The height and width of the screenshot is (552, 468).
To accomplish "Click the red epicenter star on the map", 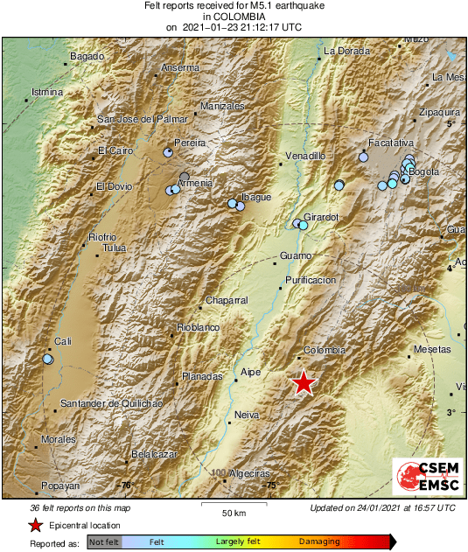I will coord(304,383).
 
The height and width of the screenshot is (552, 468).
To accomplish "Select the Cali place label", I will coord(62,341).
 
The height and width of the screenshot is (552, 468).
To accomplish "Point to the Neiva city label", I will coord(248,415).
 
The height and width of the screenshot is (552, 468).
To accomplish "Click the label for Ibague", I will coord(255,197).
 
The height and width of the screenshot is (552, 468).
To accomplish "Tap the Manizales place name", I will coord(222,107).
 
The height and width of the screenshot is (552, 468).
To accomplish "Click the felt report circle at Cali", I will coord(48,359).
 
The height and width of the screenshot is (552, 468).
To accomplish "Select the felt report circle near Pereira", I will coord(168,153).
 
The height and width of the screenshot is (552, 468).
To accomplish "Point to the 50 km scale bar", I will coord(232,505).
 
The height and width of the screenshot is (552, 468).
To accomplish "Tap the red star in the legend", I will coord(35,526).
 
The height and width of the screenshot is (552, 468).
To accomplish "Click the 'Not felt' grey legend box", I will coord(104,542).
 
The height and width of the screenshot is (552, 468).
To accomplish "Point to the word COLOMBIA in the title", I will coord(234,16).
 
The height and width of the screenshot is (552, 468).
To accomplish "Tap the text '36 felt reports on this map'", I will coord(80,507).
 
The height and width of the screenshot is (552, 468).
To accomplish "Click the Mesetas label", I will coord(431,348).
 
